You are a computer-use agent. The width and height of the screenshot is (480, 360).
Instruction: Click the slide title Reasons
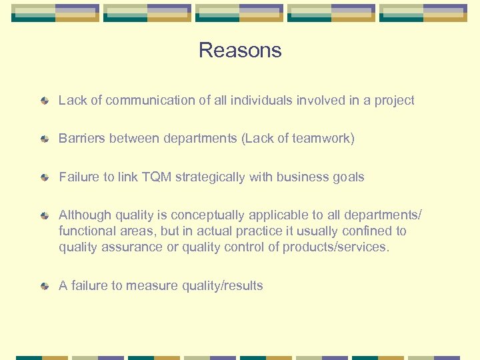tap(240, 51)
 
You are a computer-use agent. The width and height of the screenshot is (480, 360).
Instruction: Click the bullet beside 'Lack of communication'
tap(44, 101)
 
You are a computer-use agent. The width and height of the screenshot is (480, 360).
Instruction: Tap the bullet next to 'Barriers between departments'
tap(44, 139)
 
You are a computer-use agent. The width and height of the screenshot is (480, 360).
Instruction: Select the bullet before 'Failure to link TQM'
tap(44, 177)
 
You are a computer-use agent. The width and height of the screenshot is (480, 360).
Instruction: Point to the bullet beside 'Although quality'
tap(44, 215)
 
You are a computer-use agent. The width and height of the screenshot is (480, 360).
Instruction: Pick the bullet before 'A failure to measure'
tap(44, 286)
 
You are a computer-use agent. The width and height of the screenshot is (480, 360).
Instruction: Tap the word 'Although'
tap(85, 215)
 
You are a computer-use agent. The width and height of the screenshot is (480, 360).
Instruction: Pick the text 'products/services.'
tap(336, 247)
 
